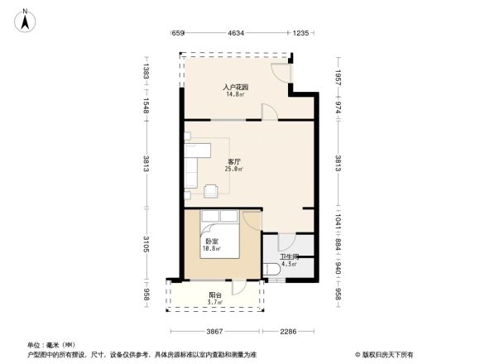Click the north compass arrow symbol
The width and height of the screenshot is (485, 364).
pyautogui.click(x=26, y=19)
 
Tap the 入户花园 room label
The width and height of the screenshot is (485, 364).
pyautogui.click(x=236, y=87)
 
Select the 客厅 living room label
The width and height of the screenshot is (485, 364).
pyautogui.click(x=234, y=161)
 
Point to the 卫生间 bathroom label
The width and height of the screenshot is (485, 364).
pyautogui.click(x=288, y=258)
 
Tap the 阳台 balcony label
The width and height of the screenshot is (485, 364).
pyautogui.click(x=214, y=295)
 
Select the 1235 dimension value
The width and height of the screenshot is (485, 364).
pyautogui.click(x=300, y=33)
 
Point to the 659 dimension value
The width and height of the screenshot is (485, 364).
pyautogui.click(x=177, y=33)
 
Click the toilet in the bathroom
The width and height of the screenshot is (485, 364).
pyautogui.click(x=272, y=269)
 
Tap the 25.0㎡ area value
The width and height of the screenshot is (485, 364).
pyautogui.click(x=234, y=169)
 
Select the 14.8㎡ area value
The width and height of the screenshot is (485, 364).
pyautogui.click(x=236, y=94)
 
